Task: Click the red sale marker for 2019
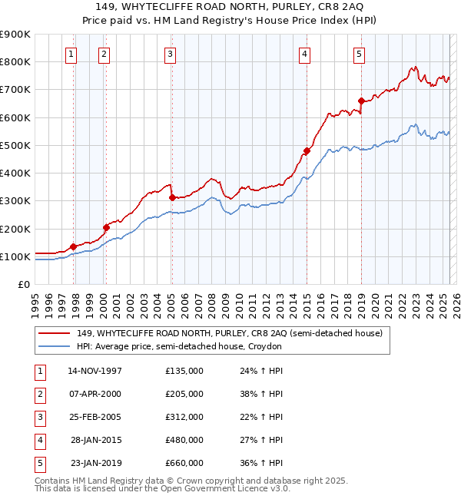360,101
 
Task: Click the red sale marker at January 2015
306,150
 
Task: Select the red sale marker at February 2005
171,197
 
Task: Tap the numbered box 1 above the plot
71,54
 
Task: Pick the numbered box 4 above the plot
305,54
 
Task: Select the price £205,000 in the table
184,394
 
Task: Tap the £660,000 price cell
184,463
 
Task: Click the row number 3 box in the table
38,417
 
